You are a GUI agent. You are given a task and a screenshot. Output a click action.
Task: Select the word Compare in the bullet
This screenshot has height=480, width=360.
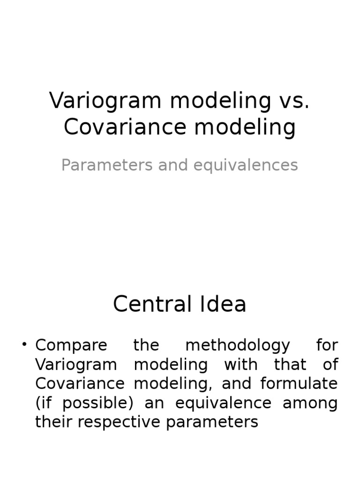point(71,345)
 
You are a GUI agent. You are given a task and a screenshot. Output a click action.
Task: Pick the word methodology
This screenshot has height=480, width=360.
point(238,345)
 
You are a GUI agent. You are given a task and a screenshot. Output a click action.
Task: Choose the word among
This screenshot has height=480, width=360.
point(310,403)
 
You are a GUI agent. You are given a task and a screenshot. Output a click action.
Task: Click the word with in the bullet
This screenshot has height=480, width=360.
point(240,365)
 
